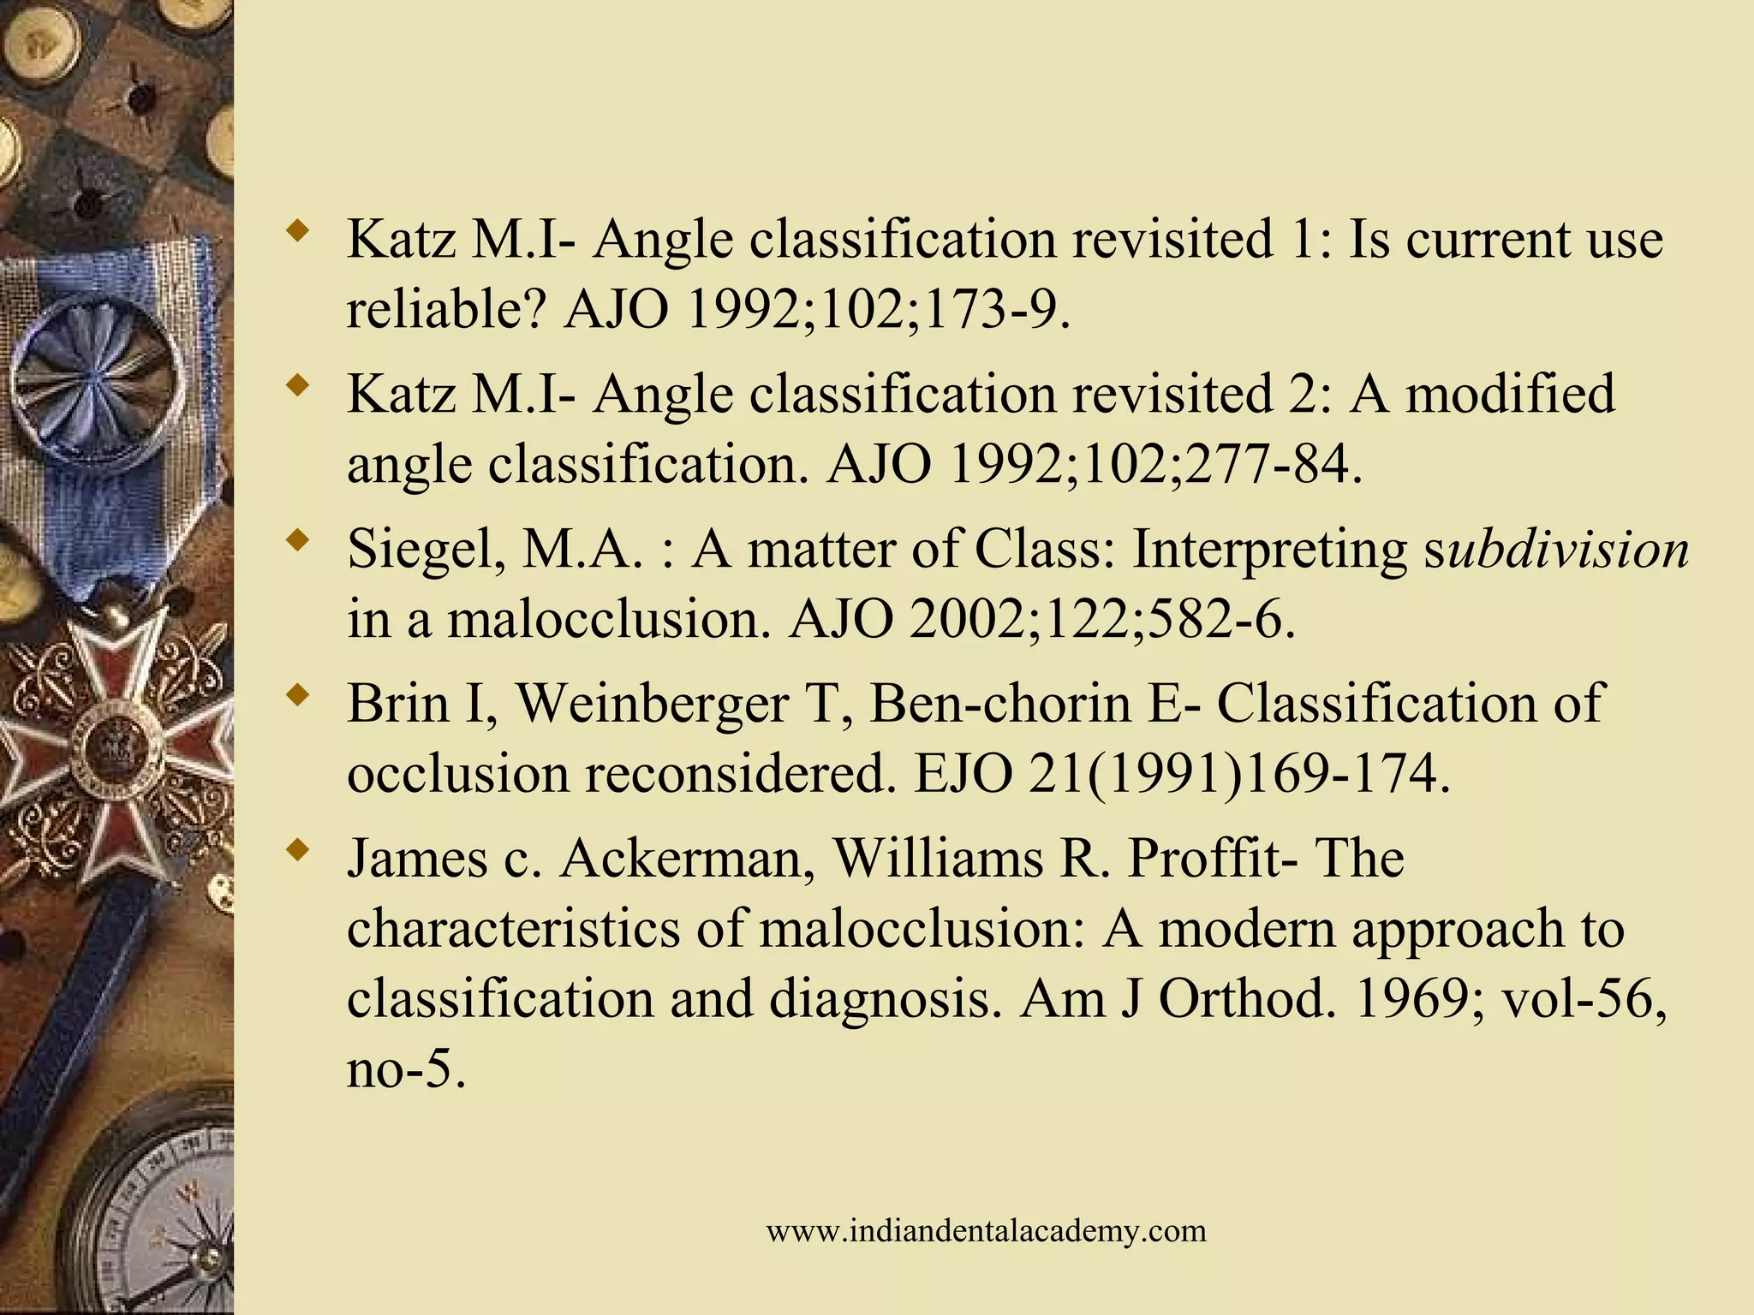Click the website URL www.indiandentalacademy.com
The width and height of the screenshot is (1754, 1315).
pos(986,1231)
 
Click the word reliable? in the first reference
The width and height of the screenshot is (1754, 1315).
pos(446,309)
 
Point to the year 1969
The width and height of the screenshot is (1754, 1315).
pos(1411,999)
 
